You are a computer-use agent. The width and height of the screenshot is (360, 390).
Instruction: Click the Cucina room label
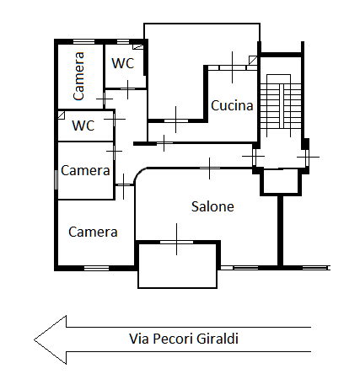pyautogui.click(x=232, y=106)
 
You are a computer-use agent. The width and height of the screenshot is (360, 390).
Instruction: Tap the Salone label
pyautogui.click(x=212, y=206)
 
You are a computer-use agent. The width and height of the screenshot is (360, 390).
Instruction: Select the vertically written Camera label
pyautogui.click(x=78, y=77)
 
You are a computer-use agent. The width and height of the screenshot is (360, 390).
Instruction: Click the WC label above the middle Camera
pyautogui.click(x=83, y=126)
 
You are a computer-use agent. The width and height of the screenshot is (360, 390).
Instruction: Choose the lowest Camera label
pyautogui.click(x=93, y=232)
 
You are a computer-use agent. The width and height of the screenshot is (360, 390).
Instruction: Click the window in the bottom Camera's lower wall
pyautogui.click(x=97, y=268)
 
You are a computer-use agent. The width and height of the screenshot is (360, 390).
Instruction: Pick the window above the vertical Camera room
pyautogui.click(x=83, y=41)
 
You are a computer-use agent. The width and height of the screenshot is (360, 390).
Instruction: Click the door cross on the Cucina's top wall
pyautogui.click(x=230, y=67)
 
